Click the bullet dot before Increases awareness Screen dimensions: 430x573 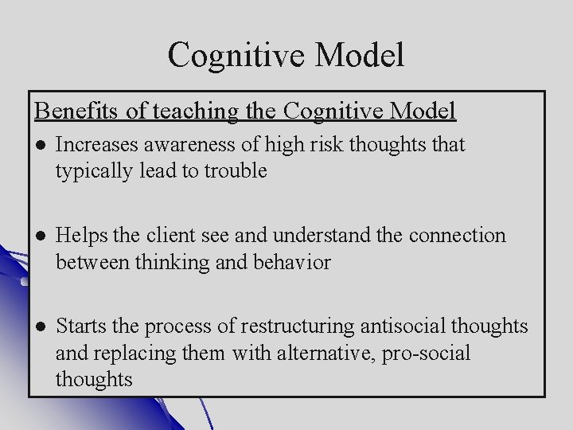[x=40, y=145]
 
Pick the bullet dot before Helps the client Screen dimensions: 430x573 [x=40, y=236]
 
